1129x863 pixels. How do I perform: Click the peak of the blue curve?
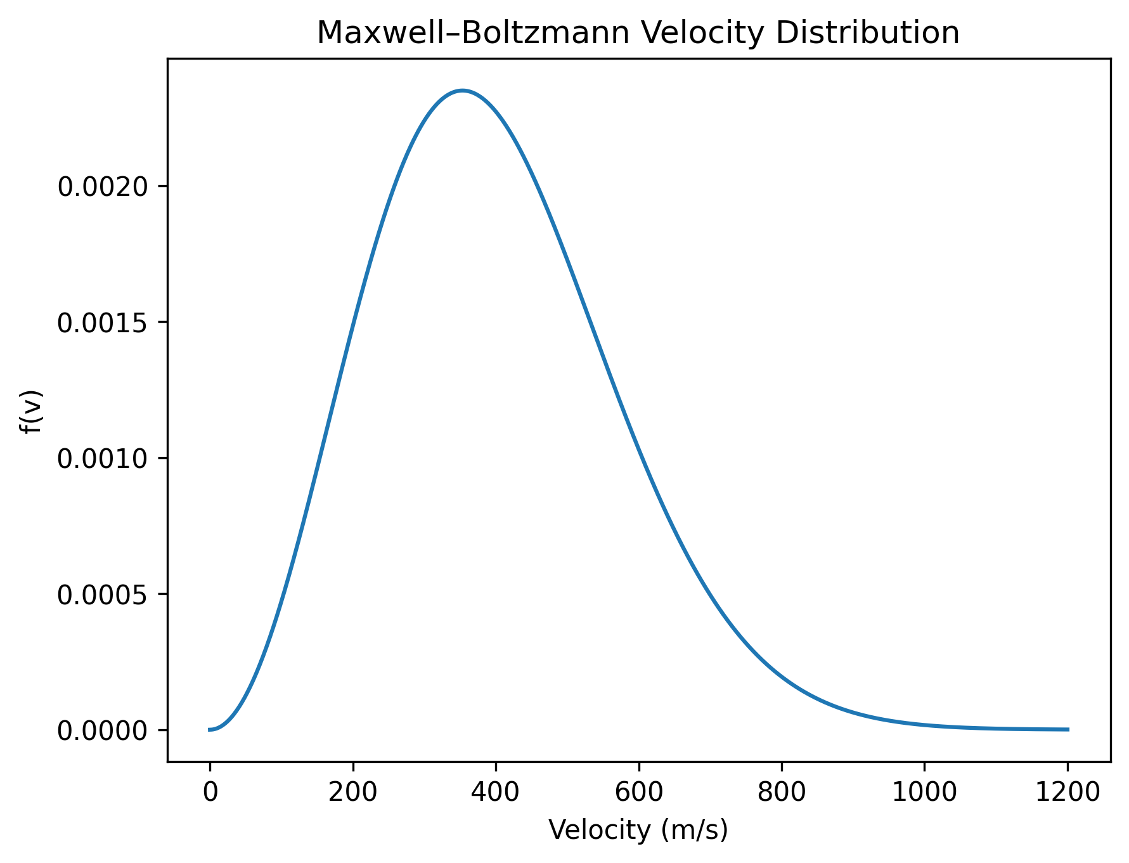pos(463,91)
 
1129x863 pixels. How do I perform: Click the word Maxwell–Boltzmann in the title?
pos(472,33)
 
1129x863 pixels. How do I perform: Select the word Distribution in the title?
pos(868,33)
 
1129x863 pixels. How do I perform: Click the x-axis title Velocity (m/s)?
pos(638,830)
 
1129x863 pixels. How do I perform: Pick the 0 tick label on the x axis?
pos(209,792)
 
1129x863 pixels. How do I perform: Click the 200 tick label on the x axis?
pos(352,792)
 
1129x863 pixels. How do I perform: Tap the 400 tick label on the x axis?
pos(495,792)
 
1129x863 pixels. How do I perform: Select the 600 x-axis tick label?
pos(638,792)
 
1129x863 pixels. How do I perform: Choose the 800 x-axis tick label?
pos(781,792)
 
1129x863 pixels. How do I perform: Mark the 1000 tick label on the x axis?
pos(924,792)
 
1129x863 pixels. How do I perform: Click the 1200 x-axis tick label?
pos(1067,792)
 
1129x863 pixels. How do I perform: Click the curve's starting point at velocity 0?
pos(210,729)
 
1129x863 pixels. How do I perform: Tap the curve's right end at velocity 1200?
pos(1068,729)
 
